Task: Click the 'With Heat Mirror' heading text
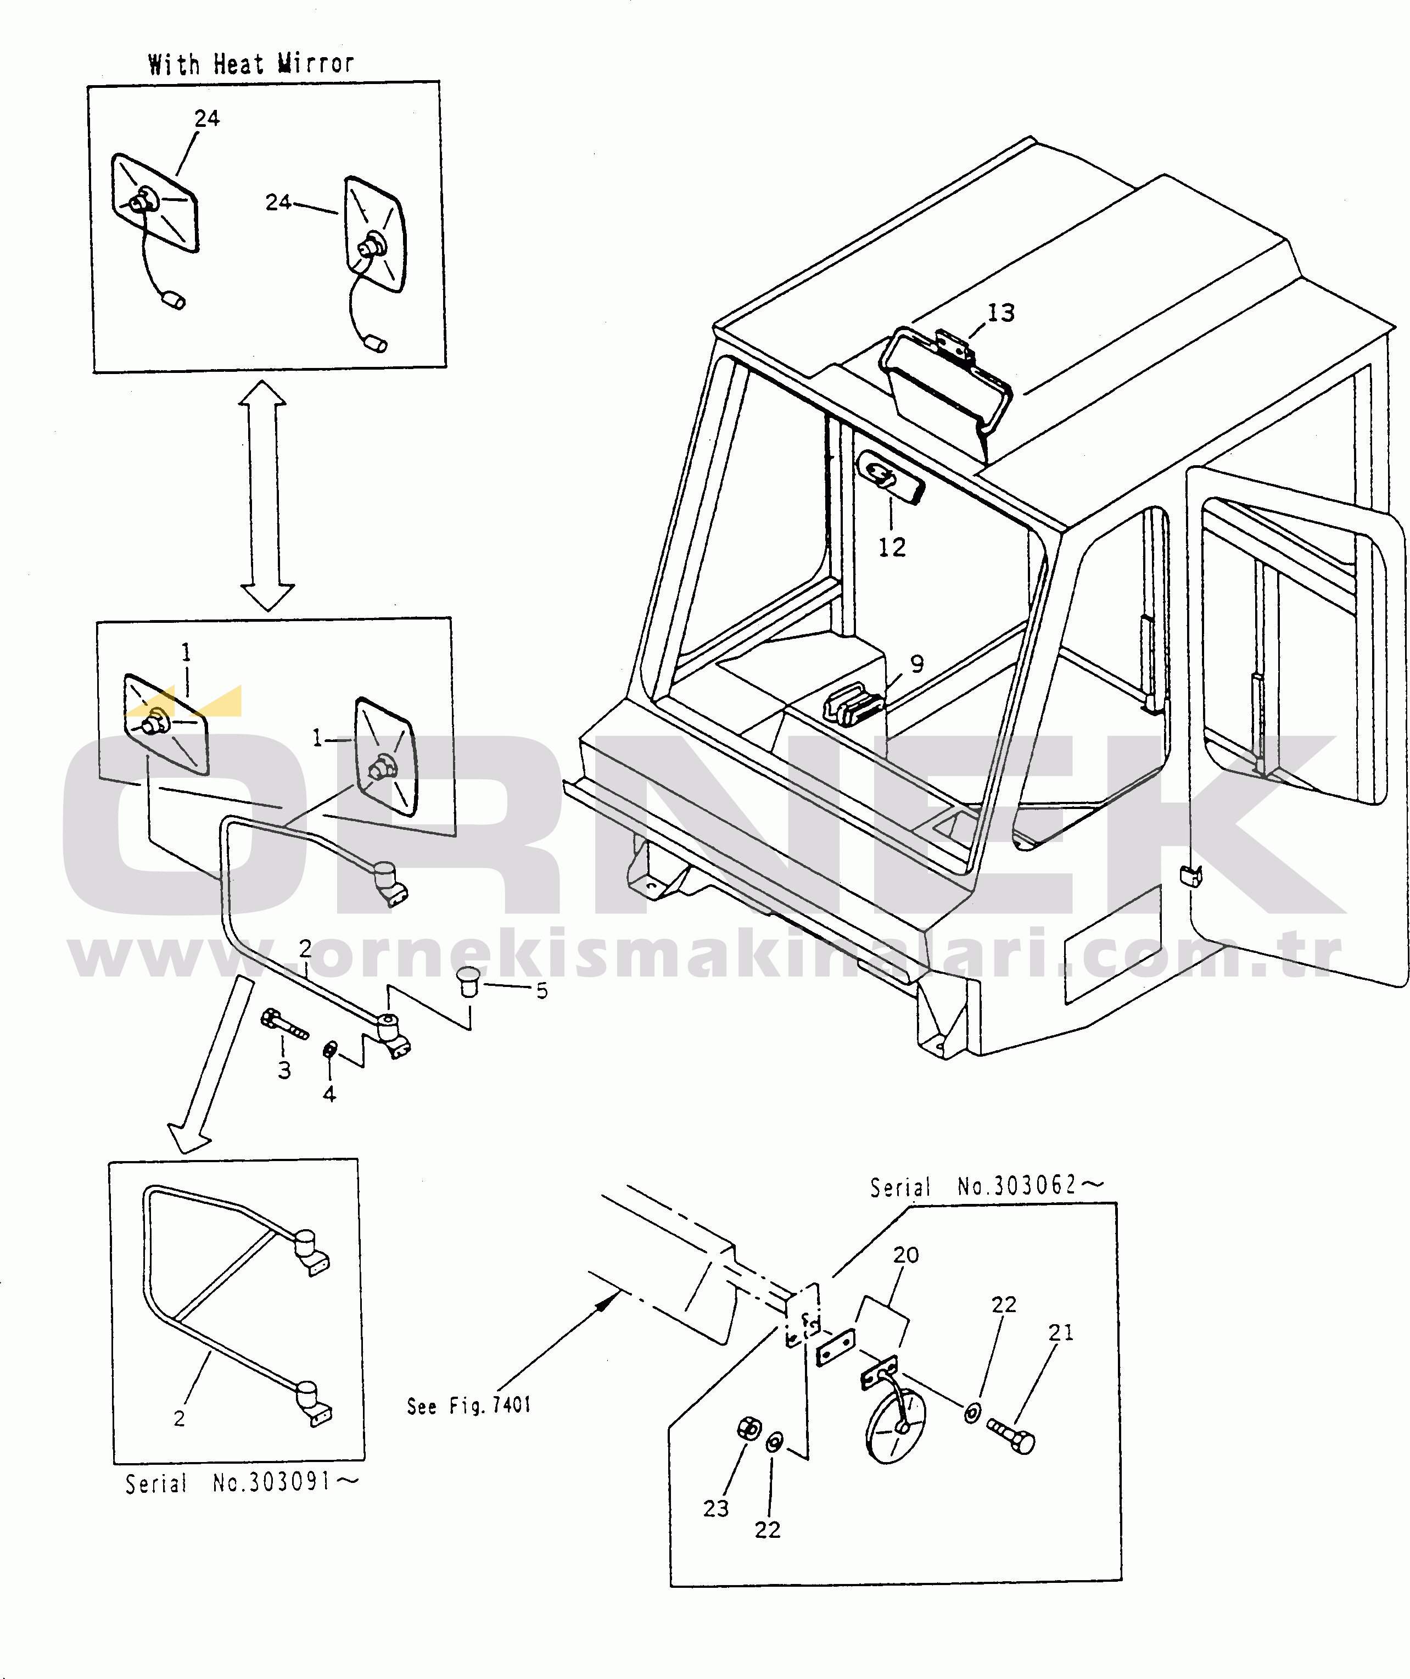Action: (x=251, y=64)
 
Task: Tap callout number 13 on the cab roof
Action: (x=1001, y=313)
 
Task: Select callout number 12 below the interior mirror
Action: (x=892, y=548)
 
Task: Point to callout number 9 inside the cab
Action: (x=917, y=663)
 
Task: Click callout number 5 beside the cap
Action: (x=542, y=991)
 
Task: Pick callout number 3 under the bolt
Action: (x=284, y=1070)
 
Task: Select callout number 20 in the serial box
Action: (x=905, y=1254)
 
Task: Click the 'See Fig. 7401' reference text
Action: (x=469, y=1405)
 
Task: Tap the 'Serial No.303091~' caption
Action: (x=242, y=1484)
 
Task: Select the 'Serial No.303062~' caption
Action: (x=986, y=1186)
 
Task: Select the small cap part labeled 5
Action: (x=470, y=981)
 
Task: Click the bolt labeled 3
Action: (x=284, y=1024)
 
